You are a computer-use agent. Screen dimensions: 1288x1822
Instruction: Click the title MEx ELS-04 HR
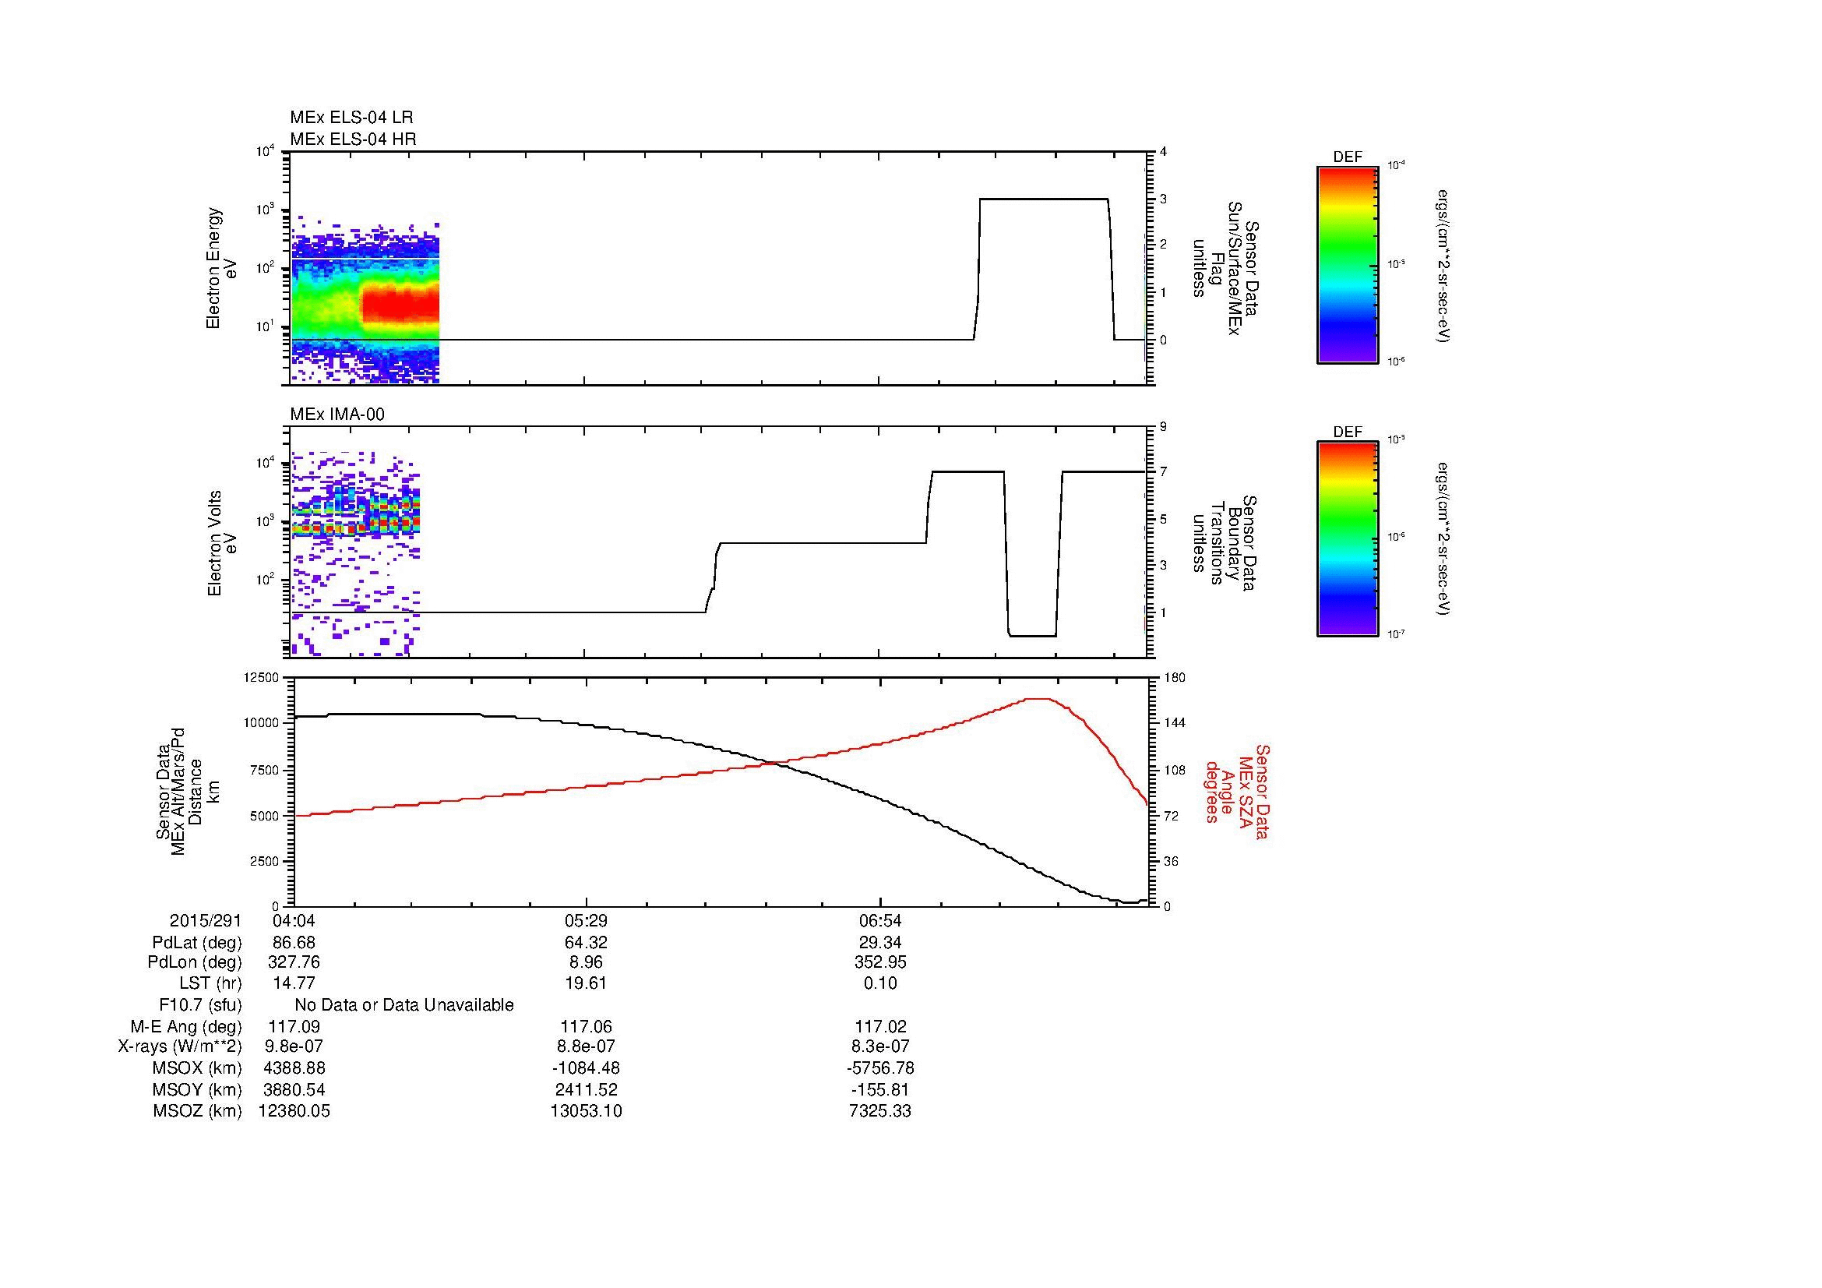(x=353, y=139)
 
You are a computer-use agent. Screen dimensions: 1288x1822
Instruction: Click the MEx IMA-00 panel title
(x=337, y=415)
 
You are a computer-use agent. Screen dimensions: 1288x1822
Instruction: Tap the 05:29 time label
(x=586, y=920)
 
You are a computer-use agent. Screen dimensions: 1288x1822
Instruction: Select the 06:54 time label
(x=880, y=920)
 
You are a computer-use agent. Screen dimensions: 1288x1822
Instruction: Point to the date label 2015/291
(x=206, y=920)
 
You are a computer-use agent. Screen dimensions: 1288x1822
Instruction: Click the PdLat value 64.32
(x=586, y=943)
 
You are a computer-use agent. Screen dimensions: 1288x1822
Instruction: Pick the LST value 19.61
(x=586, y=983)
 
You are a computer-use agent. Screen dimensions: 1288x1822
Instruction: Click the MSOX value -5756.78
(x=880, y=1068)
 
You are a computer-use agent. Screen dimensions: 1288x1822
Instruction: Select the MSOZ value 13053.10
(x=586, y=1111)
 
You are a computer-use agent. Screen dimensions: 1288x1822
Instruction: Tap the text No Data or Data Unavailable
(x=404, y=1004)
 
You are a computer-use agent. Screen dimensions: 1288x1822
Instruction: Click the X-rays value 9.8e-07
(x=294, y=1046)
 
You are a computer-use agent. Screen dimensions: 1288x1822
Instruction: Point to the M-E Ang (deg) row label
(x=186, y=1026)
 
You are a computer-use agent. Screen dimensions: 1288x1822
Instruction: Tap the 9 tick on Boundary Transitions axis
(x=1163, y=427)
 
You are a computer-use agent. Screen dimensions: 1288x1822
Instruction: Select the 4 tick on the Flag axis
(x=1163, y=152)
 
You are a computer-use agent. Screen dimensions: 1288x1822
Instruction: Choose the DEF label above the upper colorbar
(x=1348, y=157)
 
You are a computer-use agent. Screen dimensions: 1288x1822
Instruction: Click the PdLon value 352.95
(x=880, y=962)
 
